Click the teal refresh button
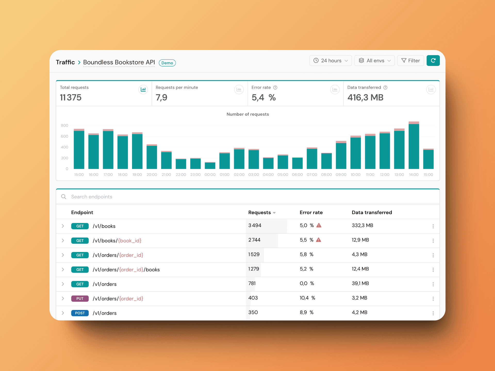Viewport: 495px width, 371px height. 433,61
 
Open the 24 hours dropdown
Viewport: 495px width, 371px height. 330,61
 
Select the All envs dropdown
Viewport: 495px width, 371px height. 374,61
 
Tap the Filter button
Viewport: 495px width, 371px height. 410,61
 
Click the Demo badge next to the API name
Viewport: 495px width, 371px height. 167,63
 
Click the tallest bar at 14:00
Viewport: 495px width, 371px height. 414,146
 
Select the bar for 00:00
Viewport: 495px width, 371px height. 210,166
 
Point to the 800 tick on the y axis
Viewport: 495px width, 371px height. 64,125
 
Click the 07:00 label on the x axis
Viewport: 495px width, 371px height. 312,175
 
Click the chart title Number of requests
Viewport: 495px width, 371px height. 247,114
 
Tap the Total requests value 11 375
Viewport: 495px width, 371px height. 71,98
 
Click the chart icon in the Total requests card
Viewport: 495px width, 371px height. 143,89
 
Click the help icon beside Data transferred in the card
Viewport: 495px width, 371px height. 385,88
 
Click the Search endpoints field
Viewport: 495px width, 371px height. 155,197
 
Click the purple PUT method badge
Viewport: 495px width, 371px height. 80,299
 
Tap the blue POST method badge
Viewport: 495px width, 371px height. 80,313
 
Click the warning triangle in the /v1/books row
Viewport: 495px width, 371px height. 319,225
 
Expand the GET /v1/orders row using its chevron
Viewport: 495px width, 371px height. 63,284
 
